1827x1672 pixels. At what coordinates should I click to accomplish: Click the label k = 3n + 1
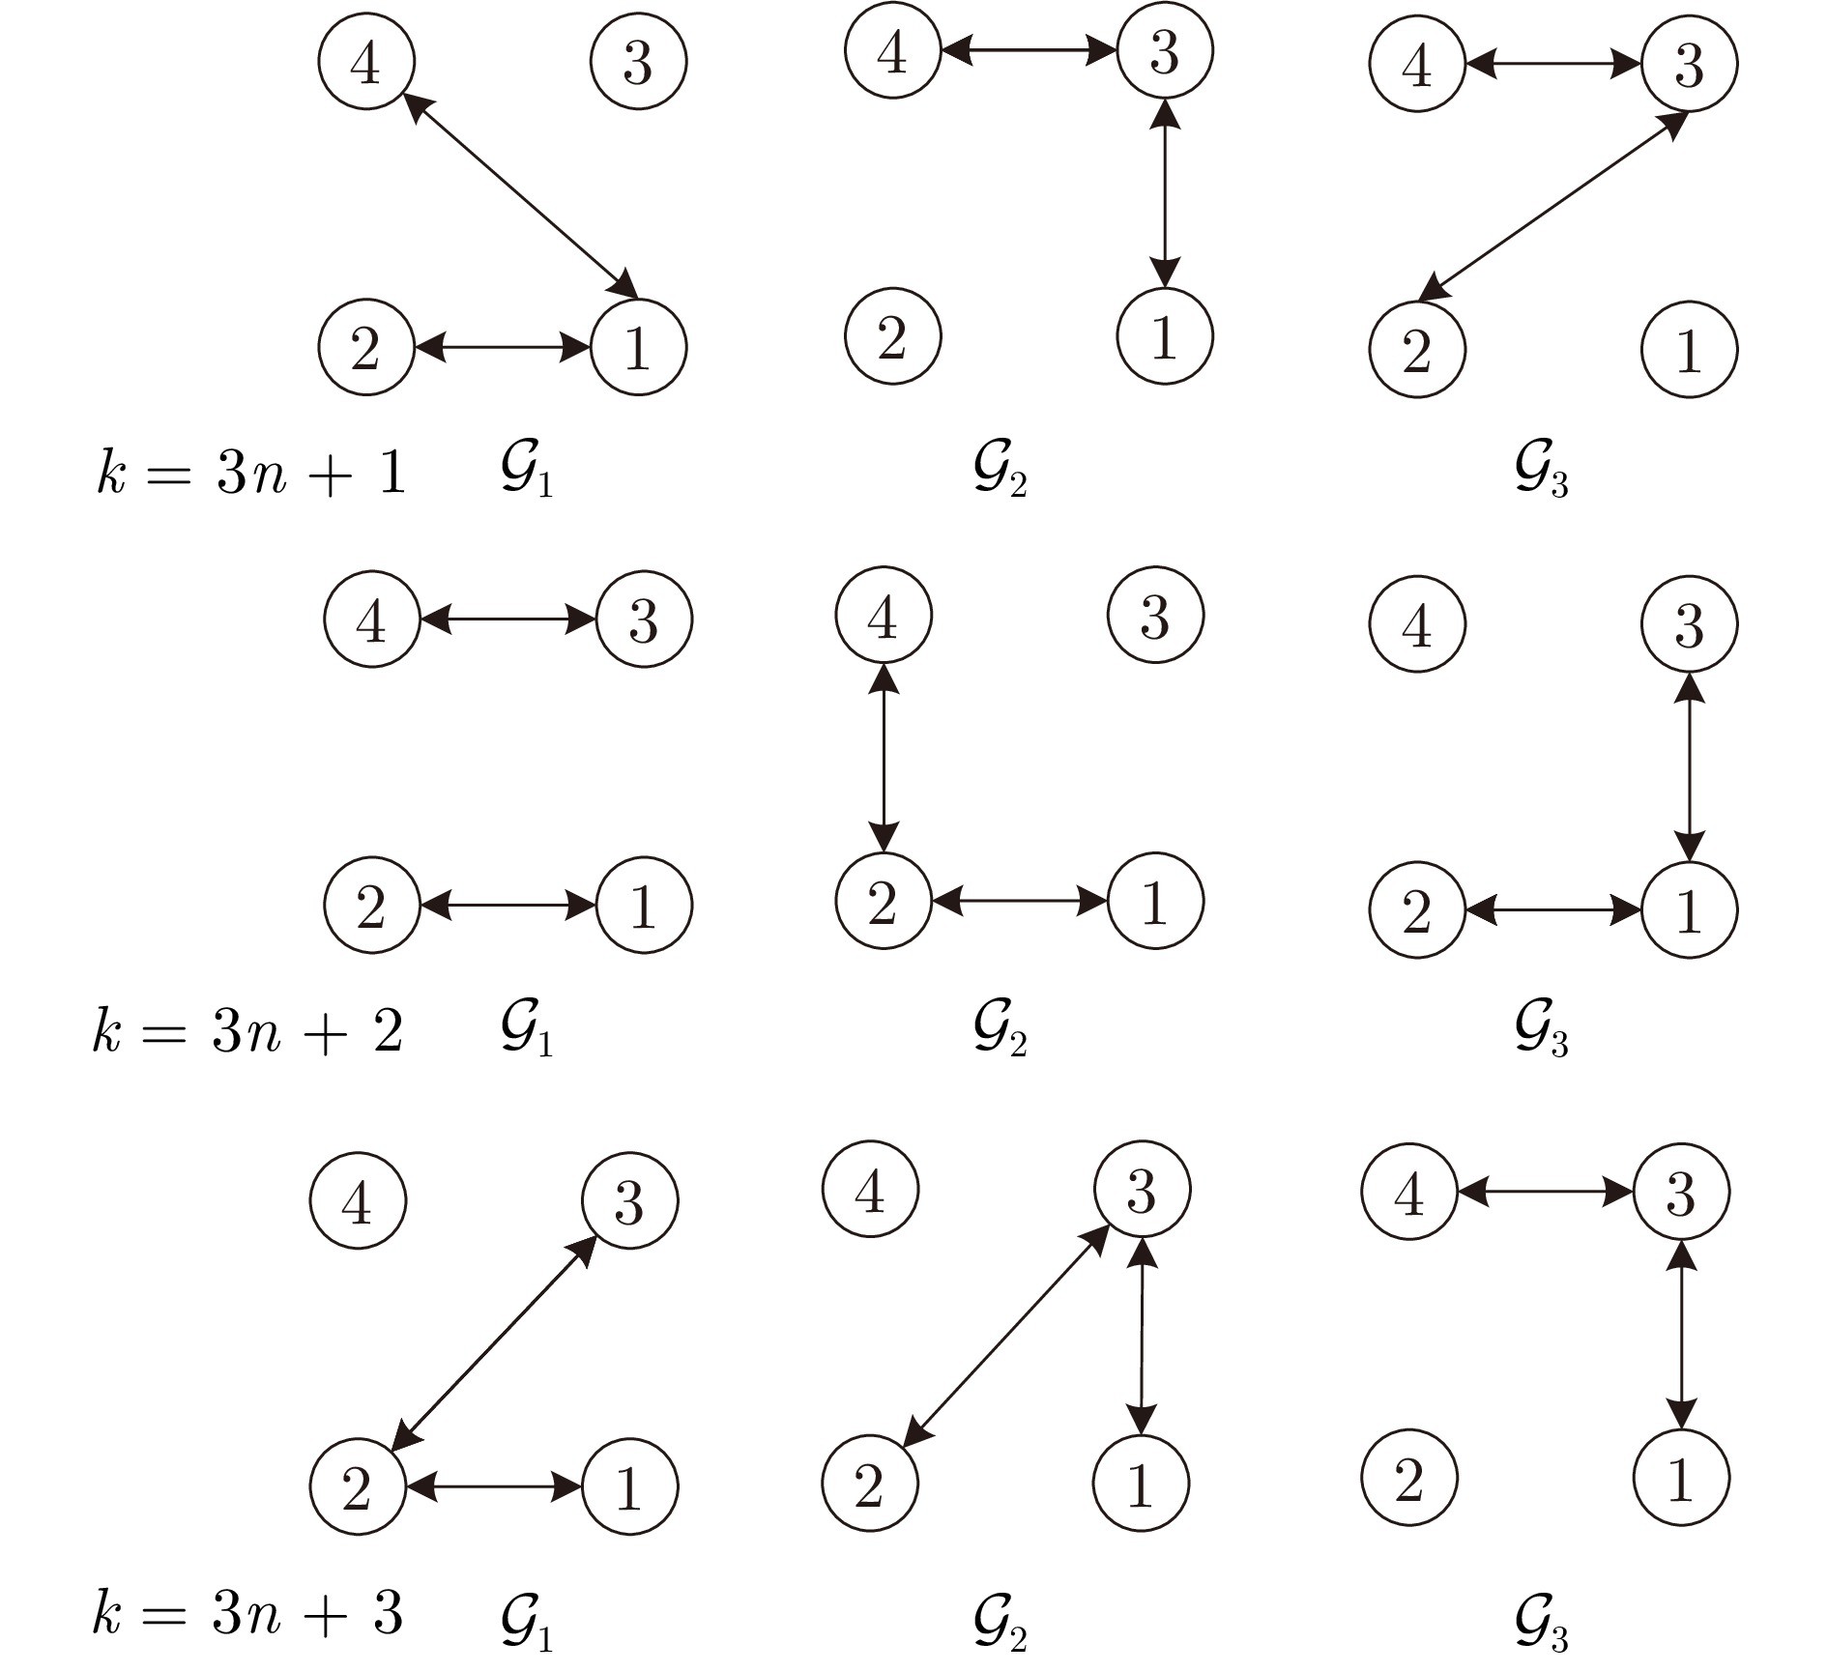[250, 475]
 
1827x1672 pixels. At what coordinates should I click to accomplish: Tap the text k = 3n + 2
[247, 1030]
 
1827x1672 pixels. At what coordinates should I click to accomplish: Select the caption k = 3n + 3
[247, 1613]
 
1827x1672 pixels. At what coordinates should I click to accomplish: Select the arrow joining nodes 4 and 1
[519, 195]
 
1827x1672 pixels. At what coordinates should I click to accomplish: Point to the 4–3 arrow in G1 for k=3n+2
[508, 620]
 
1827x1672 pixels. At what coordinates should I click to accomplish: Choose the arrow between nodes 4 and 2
[884, 758]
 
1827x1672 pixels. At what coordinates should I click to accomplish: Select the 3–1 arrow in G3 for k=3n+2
[1689, 767]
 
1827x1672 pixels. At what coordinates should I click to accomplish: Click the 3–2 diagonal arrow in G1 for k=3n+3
[494, 1343]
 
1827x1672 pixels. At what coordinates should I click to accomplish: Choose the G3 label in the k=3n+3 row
[1541, 1619]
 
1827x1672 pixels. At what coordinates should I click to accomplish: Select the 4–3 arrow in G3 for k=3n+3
[1545, 1192]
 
